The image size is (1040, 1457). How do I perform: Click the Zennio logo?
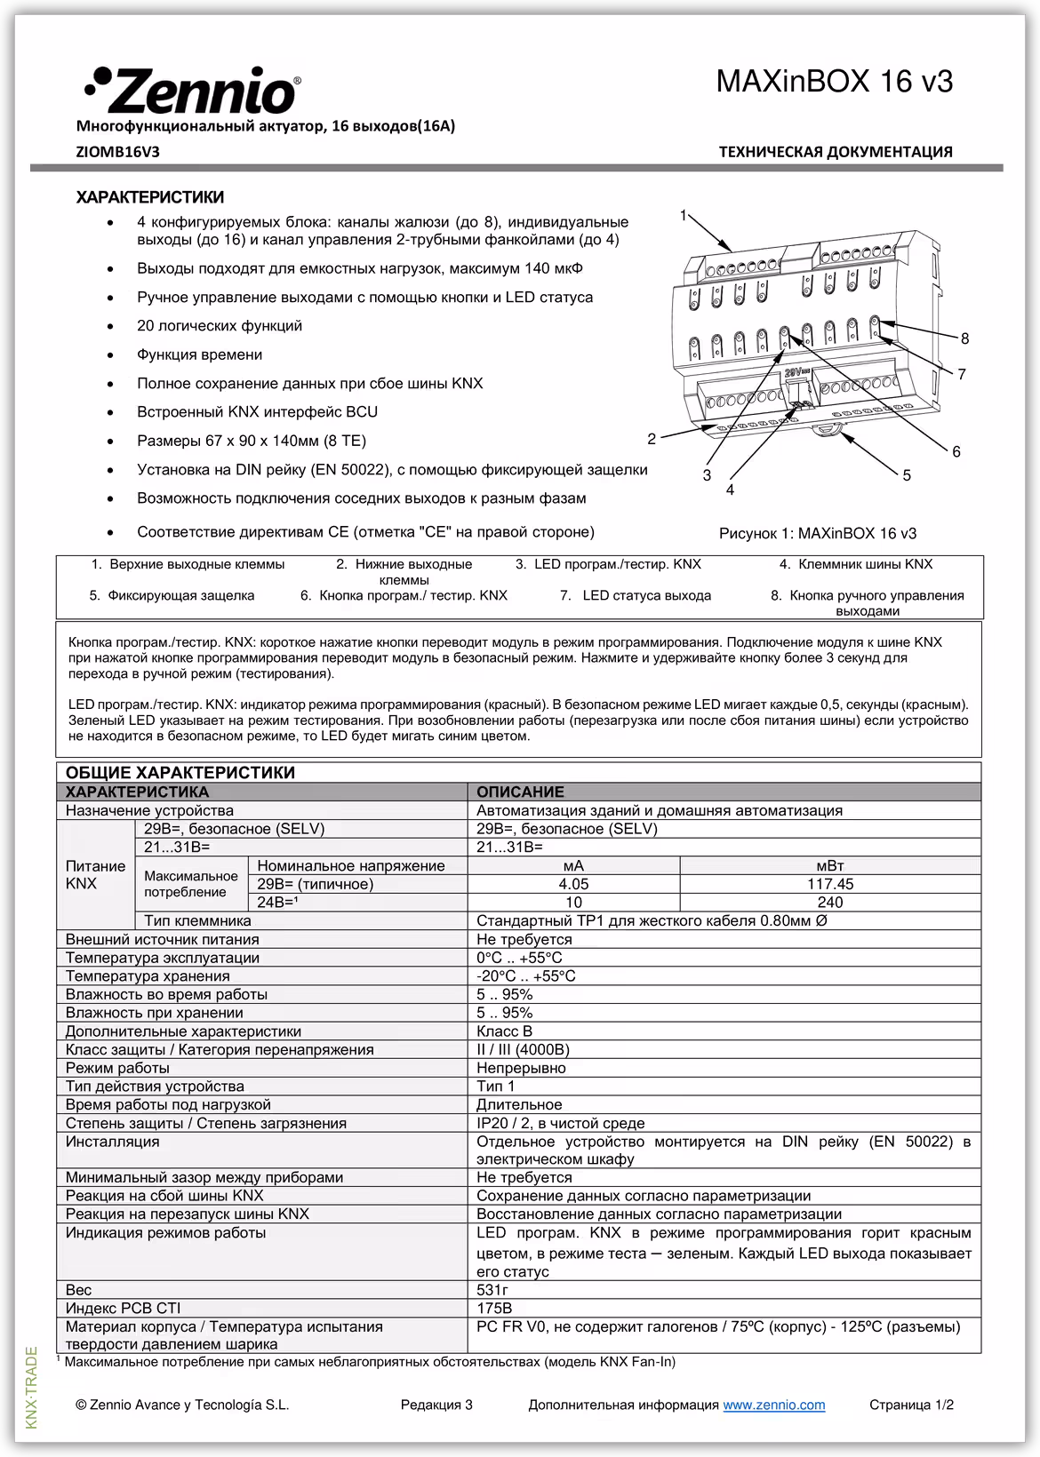192,91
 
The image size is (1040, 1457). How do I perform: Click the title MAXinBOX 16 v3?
834,82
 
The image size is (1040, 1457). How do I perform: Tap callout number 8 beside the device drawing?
964,338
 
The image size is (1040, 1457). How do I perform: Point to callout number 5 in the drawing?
906,475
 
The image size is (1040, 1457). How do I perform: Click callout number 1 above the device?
683,215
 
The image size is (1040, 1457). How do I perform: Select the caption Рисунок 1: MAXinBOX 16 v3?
817,533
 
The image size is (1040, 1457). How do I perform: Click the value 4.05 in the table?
573,884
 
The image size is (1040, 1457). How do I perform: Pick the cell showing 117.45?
829,884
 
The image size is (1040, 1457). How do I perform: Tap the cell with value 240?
829,903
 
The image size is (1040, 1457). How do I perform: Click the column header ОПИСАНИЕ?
520,792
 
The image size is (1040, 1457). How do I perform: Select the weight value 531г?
492,1289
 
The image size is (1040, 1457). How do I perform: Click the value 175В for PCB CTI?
494,1308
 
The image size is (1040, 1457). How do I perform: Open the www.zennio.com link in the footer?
773,1405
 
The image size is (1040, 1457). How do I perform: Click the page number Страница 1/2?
911,1405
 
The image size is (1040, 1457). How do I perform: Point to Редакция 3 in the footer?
436,1405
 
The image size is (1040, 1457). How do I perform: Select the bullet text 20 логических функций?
220,326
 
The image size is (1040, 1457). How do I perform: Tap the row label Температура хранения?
148,975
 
